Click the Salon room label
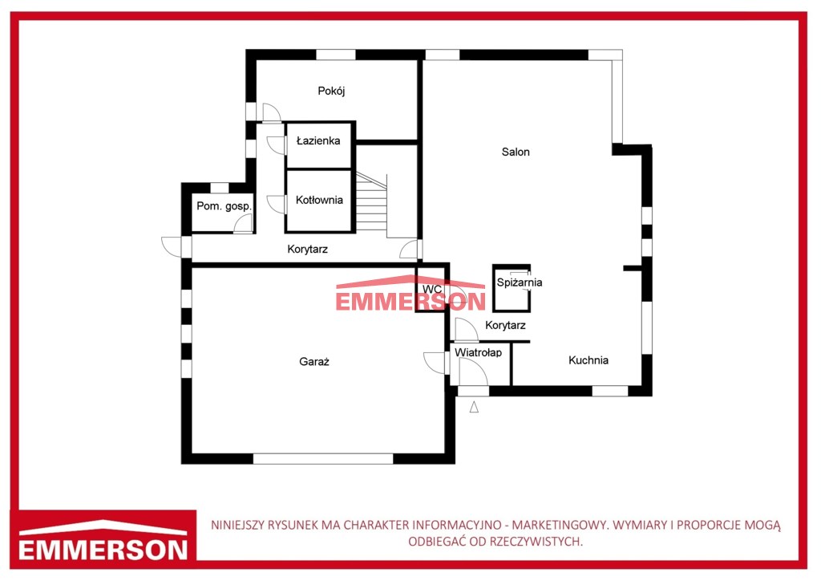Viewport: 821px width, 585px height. [516, 152]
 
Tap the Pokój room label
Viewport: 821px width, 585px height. [331, 91]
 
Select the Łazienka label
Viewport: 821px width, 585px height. [317, 140]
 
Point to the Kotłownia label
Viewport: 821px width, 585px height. [319, 200]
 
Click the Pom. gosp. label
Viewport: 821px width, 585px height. [224, 206]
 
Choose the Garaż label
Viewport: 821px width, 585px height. [313, 361]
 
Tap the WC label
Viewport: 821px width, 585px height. [432, 290]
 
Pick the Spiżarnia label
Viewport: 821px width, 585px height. [520, 282]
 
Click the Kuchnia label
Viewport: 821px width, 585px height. [588, 360]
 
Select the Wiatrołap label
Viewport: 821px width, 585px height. [478, 352]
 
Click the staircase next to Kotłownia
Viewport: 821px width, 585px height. [372, 203]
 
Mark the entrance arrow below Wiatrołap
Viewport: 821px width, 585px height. [474, 407]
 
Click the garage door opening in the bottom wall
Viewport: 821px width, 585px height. [323, 459]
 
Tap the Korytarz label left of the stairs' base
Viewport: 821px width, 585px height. [307, 249]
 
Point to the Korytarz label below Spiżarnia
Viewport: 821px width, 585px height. [505, 325]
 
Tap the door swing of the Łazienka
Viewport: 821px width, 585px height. [276, 144]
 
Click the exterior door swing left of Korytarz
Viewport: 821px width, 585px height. [171, 246]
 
